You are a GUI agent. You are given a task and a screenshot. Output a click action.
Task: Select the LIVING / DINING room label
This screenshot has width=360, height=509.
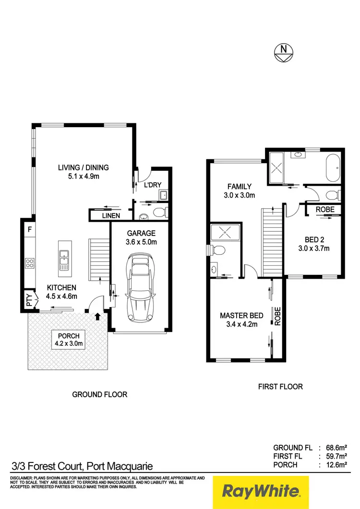tap(84, 167)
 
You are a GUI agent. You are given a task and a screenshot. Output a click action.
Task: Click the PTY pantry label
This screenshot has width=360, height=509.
tap(29, 301)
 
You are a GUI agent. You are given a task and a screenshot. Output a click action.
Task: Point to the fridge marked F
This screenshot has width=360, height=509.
tap(29, 230)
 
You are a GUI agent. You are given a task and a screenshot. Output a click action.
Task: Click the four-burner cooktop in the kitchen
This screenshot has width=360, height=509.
tap(29, 263)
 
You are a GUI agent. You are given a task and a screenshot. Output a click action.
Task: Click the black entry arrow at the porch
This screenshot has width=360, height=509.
tap(98, 316)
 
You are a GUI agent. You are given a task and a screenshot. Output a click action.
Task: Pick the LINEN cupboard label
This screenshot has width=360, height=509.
tap(110, 216)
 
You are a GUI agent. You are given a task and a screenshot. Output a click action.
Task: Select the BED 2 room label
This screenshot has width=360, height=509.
tap(315, 240)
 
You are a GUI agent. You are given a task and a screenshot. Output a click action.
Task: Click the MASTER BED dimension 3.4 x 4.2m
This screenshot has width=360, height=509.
tap(241, 324)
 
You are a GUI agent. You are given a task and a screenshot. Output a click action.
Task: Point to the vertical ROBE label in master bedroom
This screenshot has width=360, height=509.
tap(277, 316)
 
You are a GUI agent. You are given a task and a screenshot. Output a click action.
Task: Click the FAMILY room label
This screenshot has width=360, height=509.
tap(240, 187)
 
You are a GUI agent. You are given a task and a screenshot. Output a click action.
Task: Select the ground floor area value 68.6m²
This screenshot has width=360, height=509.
tap(336, 447)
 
